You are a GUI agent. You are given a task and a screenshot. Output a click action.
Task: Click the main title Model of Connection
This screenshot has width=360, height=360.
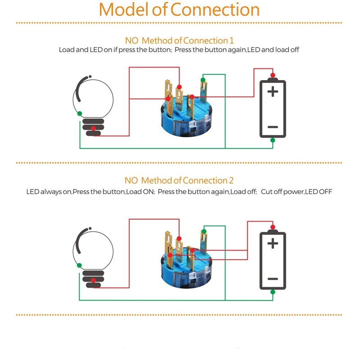tap(179, 9)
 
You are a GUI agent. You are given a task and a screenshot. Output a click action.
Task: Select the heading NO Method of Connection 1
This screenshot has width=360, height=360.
tap(179, 40)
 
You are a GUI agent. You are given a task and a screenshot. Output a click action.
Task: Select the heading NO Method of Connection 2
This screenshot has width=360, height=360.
tap(179, 180)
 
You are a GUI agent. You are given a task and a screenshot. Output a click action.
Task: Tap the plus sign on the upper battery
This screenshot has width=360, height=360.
tap(273, 92)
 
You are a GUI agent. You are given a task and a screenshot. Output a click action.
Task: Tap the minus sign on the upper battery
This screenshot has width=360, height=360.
tap(273, 127)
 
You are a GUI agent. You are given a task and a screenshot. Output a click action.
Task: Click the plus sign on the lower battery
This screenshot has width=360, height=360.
tap(273, 243)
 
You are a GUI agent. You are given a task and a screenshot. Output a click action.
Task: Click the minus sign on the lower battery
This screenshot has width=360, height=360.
tap(273, 279)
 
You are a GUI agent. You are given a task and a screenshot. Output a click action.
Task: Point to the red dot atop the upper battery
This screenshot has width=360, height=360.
tap(272, 75)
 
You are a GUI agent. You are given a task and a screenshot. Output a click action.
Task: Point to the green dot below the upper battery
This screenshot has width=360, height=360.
tap(272, 140)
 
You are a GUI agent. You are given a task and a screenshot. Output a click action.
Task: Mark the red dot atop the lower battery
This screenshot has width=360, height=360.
tap(272, 227)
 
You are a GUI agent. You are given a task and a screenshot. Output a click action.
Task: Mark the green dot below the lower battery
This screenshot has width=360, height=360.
tap(272, 292)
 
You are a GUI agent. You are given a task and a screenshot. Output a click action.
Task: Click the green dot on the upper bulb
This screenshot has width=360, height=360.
tap(80, 113)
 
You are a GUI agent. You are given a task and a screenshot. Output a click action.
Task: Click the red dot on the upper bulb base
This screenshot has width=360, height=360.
tap(93, 129)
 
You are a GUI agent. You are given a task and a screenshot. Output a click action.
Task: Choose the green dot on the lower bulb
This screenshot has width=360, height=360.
tap(80, 265)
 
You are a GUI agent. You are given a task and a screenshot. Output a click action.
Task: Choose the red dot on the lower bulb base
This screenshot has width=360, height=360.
tap(93, 281)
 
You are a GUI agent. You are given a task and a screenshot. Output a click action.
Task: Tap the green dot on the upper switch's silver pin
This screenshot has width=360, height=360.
tap(203, 80)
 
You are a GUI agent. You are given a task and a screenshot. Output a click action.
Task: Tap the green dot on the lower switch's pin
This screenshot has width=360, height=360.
tap(203, 232)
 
